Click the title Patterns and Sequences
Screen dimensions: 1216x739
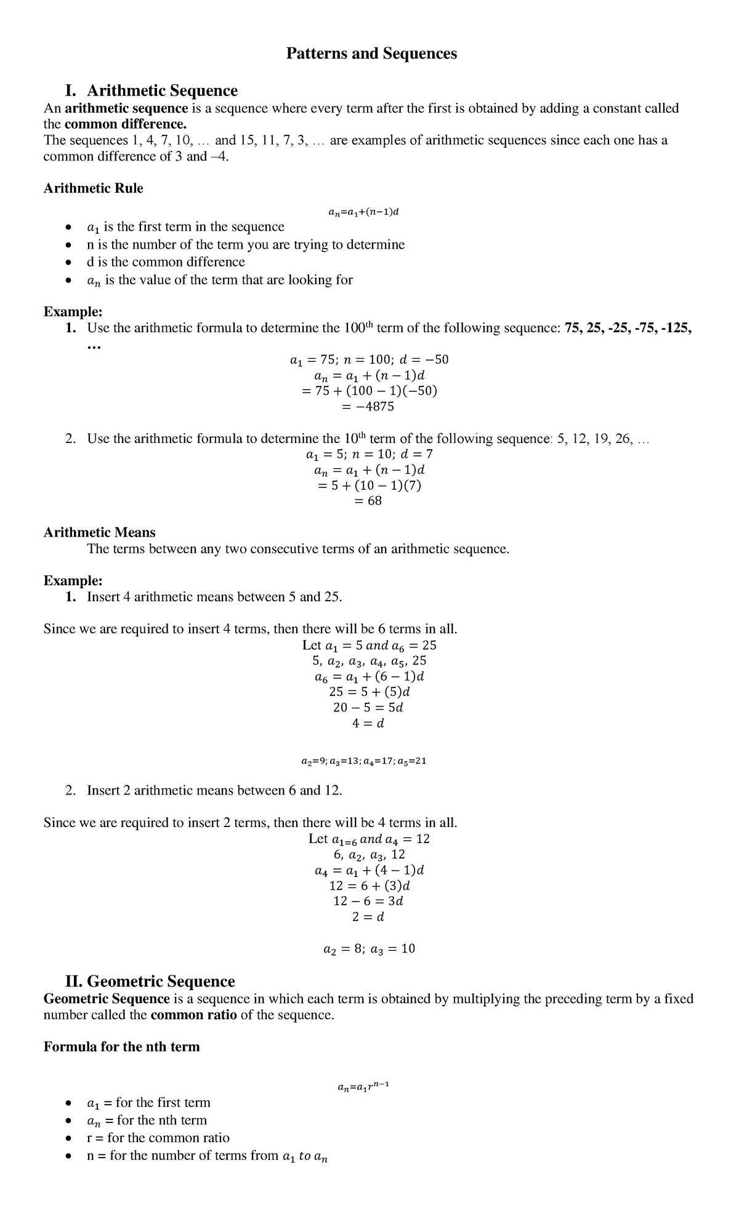pos(371,54)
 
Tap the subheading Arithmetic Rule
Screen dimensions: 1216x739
pos(93,188)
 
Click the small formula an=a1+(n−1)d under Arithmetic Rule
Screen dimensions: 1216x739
pos(365,212)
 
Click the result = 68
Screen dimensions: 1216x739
pos(368,501)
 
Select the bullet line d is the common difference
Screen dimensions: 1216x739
pos(166,262)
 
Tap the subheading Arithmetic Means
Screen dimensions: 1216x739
pos(99,532)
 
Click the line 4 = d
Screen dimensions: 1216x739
pos(368,724)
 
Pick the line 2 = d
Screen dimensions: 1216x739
pos(368,917)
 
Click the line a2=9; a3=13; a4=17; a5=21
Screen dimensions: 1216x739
pos(364,761)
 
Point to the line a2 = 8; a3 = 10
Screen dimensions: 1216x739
pos(369,949)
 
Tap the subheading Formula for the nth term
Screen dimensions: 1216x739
pos(121,1046)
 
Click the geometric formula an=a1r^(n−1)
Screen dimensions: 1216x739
pos(363,1087)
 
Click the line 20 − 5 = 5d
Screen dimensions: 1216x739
pos(368,708)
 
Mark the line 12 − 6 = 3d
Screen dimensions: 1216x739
pos(368,901)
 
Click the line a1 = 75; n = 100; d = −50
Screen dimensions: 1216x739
pos(369,359)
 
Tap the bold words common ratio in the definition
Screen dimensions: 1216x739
pos(193,1015)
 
